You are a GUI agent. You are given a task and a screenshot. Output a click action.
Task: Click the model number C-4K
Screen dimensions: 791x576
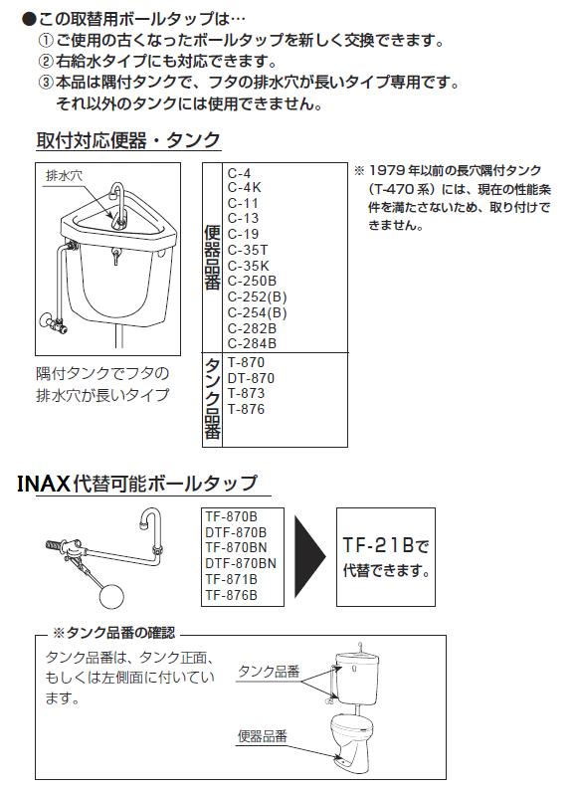[245, 186]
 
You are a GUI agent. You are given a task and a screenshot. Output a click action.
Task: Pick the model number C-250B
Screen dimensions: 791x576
[253, 282]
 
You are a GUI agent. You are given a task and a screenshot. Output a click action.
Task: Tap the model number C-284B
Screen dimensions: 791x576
[253, 343]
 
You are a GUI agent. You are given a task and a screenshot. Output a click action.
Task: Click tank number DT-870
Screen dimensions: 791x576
[251, 378]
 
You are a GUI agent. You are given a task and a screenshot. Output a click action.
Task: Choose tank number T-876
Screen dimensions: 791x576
[246, 409]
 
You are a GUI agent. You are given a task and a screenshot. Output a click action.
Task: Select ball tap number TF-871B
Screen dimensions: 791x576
[230, 579]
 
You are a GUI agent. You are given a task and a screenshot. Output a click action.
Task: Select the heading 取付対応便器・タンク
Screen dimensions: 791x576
[128, 139]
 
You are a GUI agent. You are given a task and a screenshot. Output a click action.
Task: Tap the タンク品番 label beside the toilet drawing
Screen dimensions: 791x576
[269, 672]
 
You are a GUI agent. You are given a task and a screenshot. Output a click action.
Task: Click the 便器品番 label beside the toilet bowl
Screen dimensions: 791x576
[263, 736]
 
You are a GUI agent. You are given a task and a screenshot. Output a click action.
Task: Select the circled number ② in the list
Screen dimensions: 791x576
[45, 62]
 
